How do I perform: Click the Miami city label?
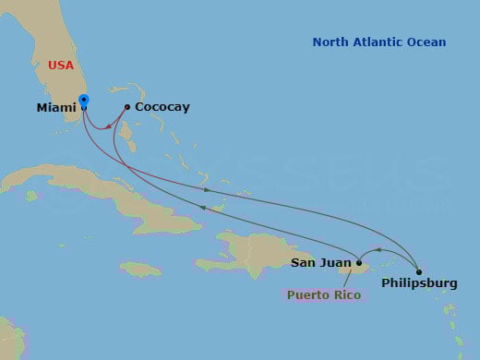pyautogui.click(x=56, y=108)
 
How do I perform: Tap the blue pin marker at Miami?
pyautogui.click(x=84, y=101)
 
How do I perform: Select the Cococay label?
pyautogui.click(x=162, y=107)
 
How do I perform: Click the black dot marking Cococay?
pyautogui.click(x=127, y=107)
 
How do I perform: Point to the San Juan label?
pyautogui.click(x=320, y=263)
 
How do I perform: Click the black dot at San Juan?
pyautogui.click(x=359, y=263)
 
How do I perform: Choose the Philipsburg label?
pyautogui.click(x=419, y=284)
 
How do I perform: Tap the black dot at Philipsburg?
pyautogui.click(x=419, y=271)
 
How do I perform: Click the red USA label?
pyautogui.click(x=62, y=66)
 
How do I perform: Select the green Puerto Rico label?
pyautogui.click(x=323, y=295)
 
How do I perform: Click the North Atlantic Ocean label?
pyautogui.click(x=378, y=42)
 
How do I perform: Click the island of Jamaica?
pyautogui.click(x=140, y=269)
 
